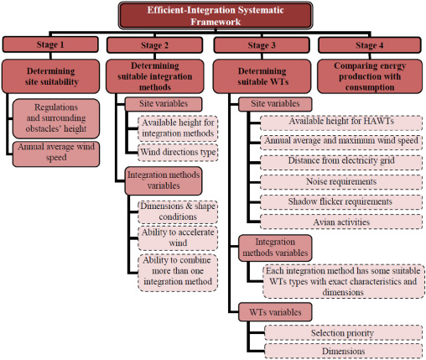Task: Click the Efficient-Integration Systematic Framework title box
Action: (x=216, y=16)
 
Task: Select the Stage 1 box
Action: (x=50, y=44)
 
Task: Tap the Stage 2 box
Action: (x=154, y=45)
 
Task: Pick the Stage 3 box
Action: (x=262, y=45)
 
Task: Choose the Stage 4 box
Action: (x=370, y=45)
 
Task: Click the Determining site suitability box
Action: (x=50, y=76)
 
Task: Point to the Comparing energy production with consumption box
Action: (x=370, y=76)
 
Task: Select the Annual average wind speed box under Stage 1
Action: (x=56, y=154)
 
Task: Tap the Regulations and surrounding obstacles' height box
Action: (x=56, y=118)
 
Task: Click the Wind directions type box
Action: (x=178, y=153)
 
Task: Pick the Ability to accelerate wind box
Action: (x=178, y=238)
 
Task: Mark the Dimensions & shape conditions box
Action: (x=178, y=211)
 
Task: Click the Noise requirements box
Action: (x=341, y=182)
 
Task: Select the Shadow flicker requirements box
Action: (x=341, y=202)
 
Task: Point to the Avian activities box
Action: (x=341, y=222)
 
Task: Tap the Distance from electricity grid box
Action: (x=341, y=162)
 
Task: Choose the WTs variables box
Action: (x=275, y=312)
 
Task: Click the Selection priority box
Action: (x=343, y=333)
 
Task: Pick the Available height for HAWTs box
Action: (x=341, y=123)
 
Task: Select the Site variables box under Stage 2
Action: (x=164, y=104)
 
